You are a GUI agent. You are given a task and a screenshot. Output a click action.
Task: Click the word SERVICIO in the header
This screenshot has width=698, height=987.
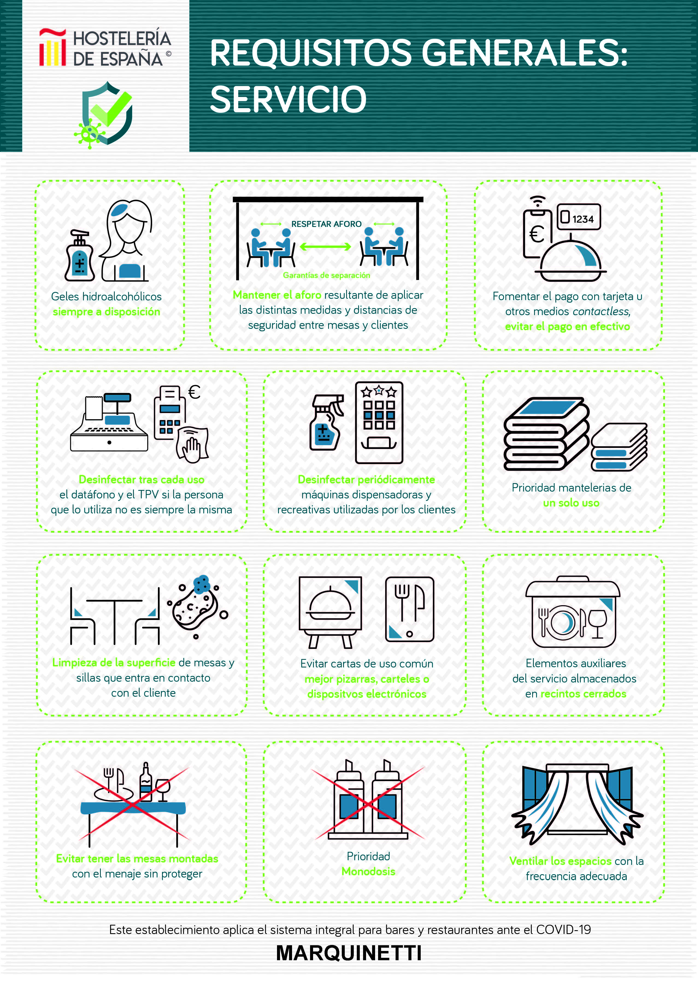tap(288, 99)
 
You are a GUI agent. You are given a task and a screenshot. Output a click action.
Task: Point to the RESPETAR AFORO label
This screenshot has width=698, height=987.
tap(326, 224)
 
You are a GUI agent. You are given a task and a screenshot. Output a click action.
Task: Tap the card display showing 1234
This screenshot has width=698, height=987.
tap(579, 217)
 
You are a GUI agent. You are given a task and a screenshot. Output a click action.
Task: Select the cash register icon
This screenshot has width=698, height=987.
tap(109, 422)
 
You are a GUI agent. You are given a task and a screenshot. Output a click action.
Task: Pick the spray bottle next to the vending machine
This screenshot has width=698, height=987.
tap(326, 422)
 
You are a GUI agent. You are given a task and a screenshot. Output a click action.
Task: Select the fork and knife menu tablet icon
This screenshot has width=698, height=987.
tap(410, 609)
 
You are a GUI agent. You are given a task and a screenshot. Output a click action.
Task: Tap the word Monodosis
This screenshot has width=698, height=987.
tap(369, 871)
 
